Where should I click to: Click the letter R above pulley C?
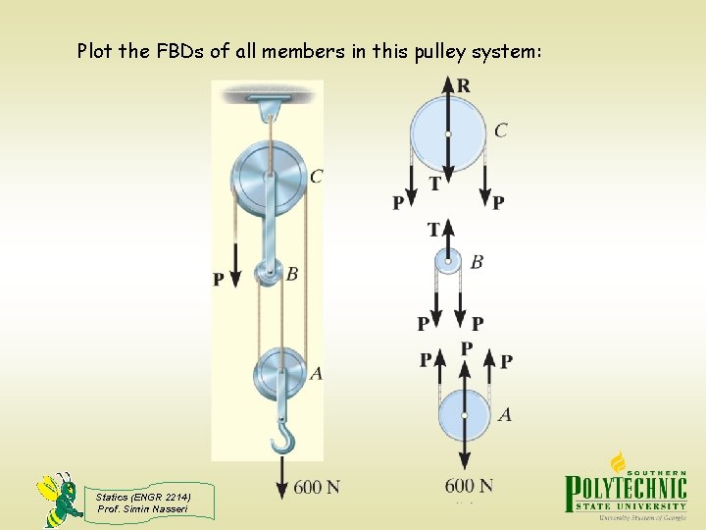click(463, 86)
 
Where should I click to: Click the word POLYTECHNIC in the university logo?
click(625, 493)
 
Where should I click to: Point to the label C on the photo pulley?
click(316, 177)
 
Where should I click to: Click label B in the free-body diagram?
click(477, 262)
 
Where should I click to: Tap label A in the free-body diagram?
click(504, 415)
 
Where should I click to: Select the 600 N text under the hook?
click(316, 487)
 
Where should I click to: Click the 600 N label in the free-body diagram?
click(469, 486)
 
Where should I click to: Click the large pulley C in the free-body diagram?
click(447, 132)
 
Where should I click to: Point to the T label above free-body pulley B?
click(433, 230)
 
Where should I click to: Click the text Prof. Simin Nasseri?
click(142, 508)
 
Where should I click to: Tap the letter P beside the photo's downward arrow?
click(219, 280)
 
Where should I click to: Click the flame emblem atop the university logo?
click(620, 462)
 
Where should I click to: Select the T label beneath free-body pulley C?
click(433, 184)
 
